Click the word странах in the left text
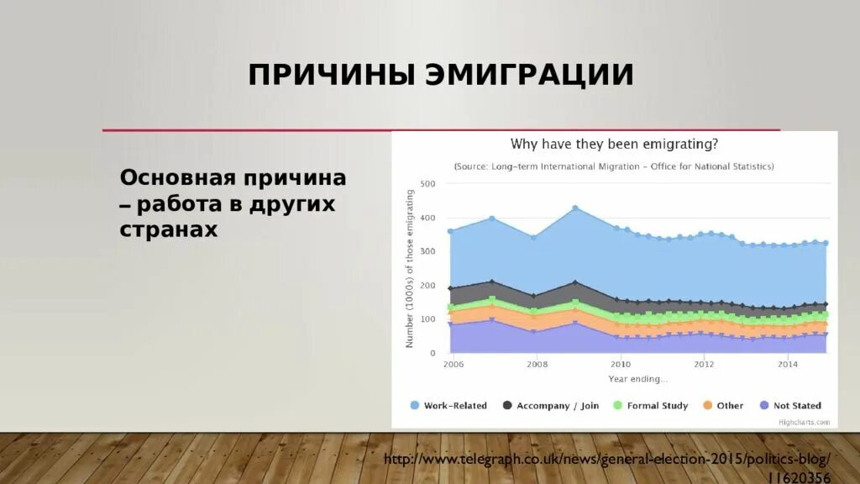pos(168,229)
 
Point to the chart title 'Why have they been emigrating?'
pos(614,144)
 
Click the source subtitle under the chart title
pos(614,166)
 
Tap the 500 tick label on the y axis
pos(427,184)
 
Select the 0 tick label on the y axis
pos(432,353)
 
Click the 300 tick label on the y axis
pos(427,252)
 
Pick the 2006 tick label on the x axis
pos(453,365)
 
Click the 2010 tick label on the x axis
pos(621,365)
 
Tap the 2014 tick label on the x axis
pos(788,365)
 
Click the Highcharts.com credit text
pos(804,422)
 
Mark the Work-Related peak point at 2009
pos(575,208)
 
